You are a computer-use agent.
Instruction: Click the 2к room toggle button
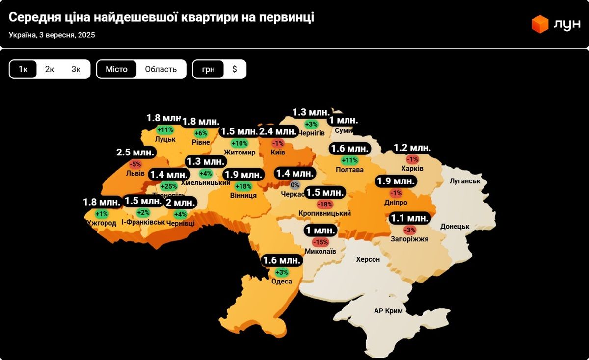coord(50,69)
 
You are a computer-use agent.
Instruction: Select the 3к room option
coord(76,69)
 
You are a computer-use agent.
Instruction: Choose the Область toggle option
coord(161,69)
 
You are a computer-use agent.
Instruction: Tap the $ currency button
coord(235,69)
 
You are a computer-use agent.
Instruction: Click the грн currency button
coord(208,69)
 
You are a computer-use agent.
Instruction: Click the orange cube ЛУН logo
coord(540,24)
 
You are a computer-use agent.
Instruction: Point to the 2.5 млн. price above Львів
coord(135,153)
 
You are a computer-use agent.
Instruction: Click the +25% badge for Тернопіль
coord(169,186)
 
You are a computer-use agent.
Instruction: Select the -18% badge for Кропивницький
coord(325,204)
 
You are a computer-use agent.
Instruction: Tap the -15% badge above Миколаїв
coord(321,242)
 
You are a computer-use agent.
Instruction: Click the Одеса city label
coord(282,281)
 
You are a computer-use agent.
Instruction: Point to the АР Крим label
coord(388,311)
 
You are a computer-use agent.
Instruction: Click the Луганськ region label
coord(464,181)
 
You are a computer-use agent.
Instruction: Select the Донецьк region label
coord(455,227)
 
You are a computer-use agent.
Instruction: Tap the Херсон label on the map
coord(368,259)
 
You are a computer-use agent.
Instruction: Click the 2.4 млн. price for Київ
coord(278,131)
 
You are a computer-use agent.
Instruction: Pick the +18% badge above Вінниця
coord(243,186)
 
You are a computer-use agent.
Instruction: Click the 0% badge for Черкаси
coord(295,185)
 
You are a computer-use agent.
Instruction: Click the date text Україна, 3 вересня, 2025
coord(52,35)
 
